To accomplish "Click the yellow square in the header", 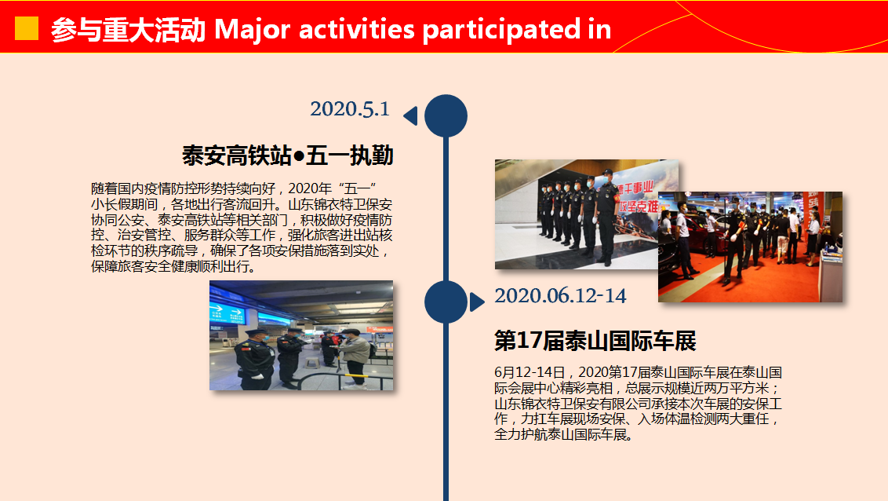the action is tap(27, 28).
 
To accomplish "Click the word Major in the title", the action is tap(253, 30).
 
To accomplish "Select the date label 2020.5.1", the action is tap(350, 109).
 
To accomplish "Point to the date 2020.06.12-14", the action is tap(560, 296).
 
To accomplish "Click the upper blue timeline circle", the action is tap(446, 115).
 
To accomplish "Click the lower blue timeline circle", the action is tap(446, 302).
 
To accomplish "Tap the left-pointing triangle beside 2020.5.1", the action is tap(410, 115).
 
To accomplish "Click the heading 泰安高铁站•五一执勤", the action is tap(288, 155).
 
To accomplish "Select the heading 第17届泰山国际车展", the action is tap(595, 341).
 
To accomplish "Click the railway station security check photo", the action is tap(301, 335).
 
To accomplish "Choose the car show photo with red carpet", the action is tap(750, 247).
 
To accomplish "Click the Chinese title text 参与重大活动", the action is tap(128, 30).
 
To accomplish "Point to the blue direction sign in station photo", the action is tap(227, 312).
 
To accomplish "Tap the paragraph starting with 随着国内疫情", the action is tap(242, 227).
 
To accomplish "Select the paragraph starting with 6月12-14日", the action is tap(639, 404).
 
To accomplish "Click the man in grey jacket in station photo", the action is tap(355, 358).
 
